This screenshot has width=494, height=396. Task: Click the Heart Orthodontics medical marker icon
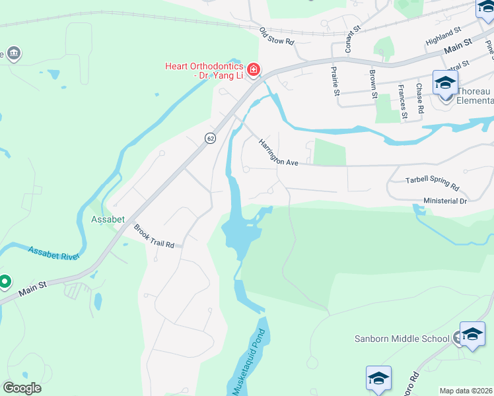point(253,69)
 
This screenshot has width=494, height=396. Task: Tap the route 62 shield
point(210,138)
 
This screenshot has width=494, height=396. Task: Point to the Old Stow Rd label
point(276,36)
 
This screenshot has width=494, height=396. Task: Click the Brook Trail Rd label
point(154,236)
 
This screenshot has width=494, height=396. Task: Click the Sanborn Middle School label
point(402,339)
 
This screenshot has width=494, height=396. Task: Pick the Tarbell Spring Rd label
point(432,181)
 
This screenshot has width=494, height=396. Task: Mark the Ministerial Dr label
point(444,200)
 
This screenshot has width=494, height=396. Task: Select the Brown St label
point(373,83)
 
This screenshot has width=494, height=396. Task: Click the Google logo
point(22,388)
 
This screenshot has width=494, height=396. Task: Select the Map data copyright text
point(466,391)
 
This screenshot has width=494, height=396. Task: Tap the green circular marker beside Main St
point(5,282)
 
